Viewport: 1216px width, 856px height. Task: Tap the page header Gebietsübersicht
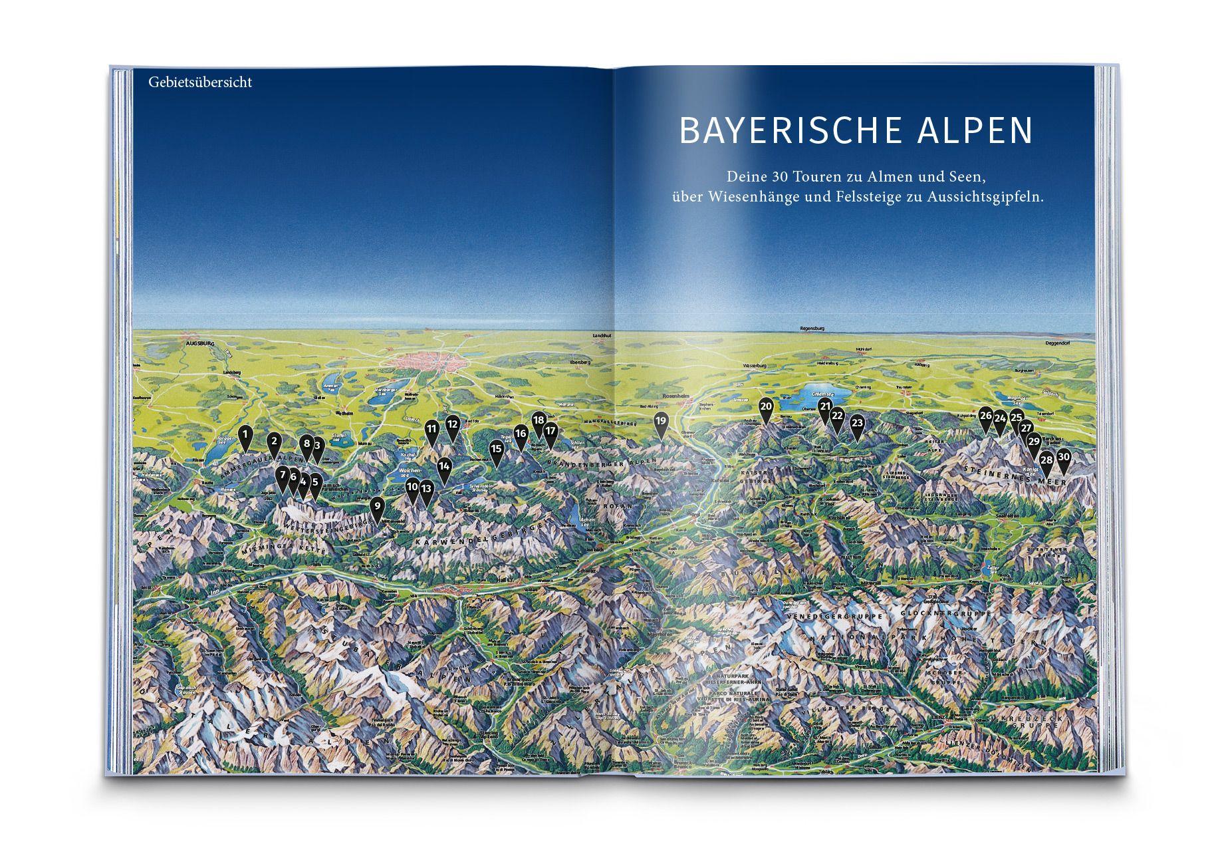[x=200, y=83]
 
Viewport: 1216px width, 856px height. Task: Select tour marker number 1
[x=245, y=435]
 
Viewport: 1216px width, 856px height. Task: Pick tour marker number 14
[x=444, y=468]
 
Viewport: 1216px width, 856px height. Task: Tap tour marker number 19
[x=660, y=422]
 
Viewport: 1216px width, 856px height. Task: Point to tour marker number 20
[x=766, y=407]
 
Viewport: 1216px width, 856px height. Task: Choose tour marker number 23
[x=857, y=424]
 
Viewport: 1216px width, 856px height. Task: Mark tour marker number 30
[x=1063, y=458]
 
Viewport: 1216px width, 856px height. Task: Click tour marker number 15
[x=496, y=450]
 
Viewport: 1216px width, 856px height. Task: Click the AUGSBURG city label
[x=201, y=345]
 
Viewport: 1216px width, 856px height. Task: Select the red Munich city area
[x=425, y=363]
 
